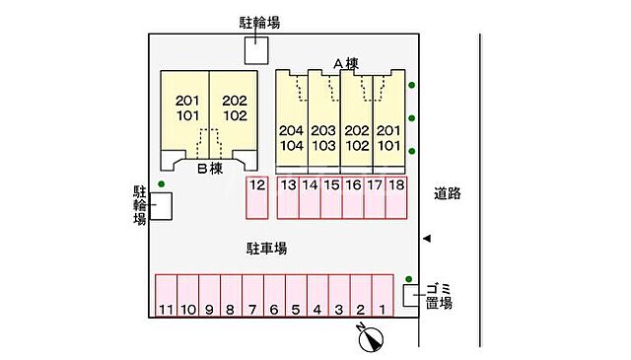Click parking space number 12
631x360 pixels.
tap(257, 197)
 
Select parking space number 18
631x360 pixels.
tap(395, 197)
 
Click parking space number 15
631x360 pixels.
tap(331, 197)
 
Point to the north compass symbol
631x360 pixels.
tap(372, 337)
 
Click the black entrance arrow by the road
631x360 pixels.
tap(426, 239)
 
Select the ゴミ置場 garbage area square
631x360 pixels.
tap(410, 294)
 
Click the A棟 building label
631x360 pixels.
tap(345, 64)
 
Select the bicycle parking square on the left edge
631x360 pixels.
tap(161, 205)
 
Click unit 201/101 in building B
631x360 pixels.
tap(186, 108)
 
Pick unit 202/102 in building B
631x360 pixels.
tap(234, 108)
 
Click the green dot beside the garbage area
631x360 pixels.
tap(409, 279)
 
